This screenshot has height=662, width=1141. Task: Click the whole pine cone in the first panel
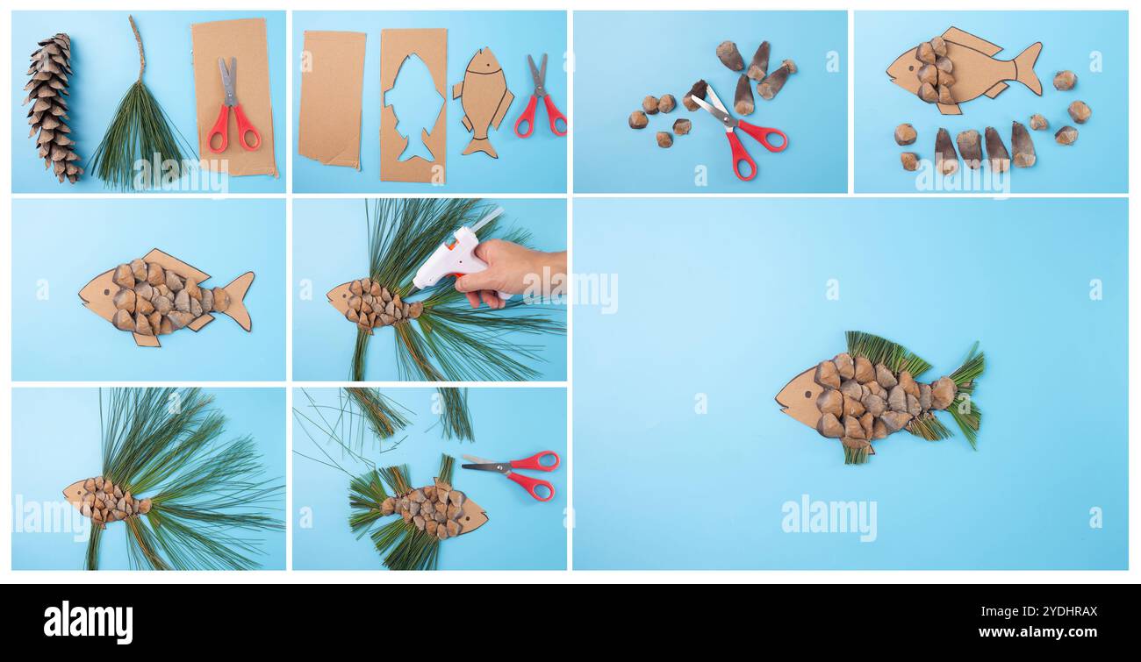click(x=50, y=107)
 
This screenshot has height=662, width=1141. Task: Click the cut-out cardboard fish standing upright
click(x=482, y=101)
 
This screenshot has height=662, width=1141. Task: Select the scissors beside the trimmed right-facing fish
click(x=518, y=473)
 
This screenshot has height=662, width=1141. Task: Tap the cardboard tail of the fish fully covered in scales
click(x=237, y=300)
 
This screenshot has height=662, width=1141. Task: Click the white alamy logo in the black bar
click(x=88, y=623)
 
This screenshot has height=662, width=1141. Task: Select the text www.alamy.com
click(x=1048, y=631)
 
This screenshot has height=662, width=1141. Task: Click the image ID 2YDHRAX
click(x=1061, y=610)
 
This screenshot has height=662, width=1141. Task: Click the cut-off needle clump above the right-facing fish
click(x=377, y=412)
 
